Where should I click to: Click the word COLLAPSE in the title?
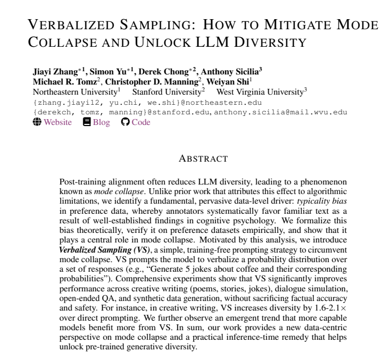coord(62,42)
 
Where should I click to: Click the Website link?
coord(57,122)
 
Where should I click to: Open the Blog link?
coord(101,122)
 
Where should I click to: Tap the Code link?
coord(140,122)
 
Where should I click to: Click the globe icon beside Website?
coord(37,122)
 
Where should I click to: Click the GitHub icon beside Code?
coord(126,122)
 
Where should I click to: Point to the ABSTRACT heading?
coord(203,158)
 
